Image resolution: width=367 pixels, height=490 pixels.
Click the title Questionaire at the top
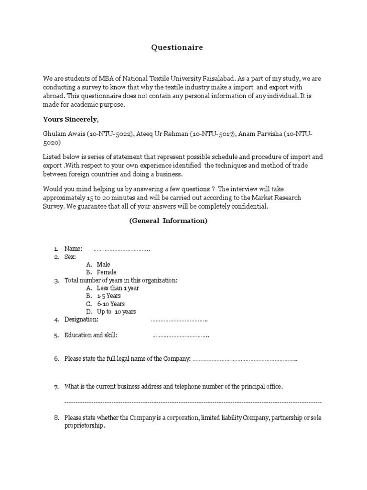tap(177, 47)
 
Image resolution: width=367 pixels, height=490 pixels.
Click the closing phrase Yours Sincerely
tap(71, 119)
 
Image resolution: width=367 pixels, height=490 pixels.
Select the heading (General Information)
tap(168, 221)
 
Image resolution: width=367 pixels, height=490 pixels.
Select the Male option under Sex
tap(103, 265)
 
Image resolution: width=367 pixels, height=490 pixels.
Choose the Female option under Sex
tap(106, 272)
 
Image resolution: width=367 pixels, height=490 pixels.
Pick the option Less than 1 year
tap(118, 288)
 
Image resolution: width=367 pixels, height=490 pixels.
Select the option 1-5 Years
tap(108, 296)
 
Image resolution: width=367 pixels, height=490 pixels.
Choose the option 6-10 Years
tap(110, 304)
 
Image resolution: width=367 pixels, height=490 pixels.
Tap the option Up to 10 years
tap(116, 312)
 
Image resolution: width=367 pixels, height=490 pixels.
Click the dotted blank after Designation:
tap(179, 320)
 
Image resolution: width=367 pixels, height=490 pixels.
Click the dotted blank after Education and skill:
tap(181, 336)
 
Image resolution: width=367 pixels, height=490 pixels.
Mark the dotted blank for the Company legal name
tap(245, 359)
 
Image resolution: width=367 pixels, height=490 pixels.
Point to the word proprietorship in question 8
tap(84, 426)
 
